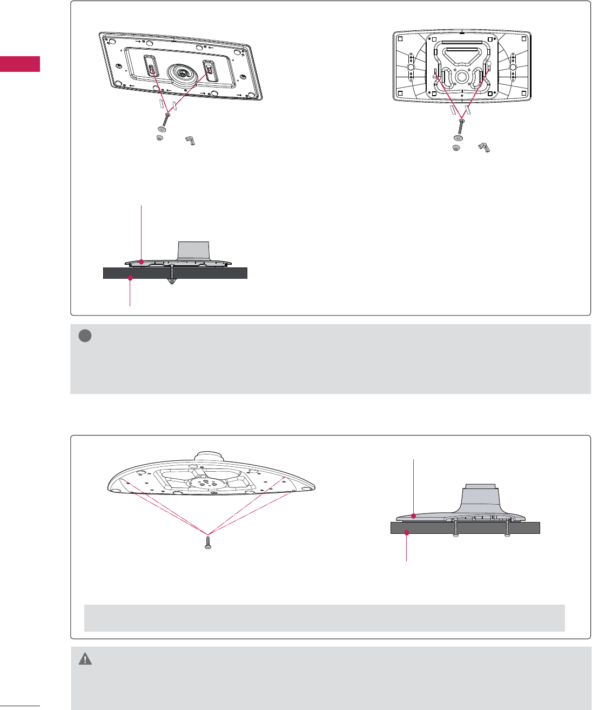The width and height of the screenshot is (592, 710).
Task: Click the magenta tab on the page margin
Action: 19,63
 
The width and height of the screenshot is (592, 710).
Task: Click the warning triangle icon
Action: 85,659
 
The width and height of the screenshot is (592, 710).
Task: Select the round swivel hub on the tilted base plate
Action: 181,72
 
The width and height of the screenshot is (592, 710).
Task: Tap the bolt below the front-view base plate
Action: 460,126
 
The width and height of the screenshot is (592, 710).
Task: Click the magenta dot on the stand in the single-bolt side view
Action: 142,262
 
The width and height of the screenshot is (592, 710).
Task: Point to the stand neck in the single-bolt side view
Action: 193,250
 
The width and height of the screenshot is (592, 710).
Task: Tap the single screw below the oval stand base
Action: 207,542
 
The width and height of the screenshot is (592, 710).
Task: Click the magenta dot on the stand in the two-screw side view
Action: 414,516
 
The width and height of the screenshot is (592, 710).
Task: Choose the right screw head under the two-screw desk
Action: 507,535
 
